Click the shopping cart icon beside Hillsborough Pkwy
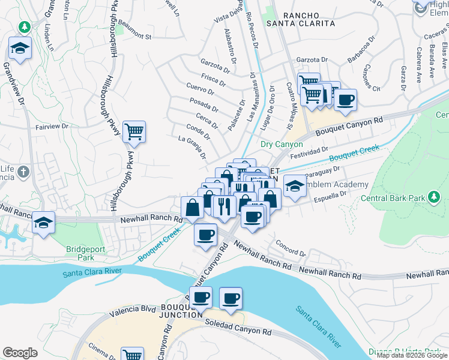pos(134,131)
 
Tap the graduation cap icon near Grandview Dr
pos(20,49)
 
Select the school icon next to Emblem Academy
pos(294,185)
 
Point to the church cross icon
pos(23,173)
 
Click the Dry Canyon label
pos(282,145)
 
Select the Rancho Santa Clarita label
pos(309,19)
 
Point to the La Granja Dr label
pos(192,148)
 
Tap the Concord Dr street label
pos(291,248)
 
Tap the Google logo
pos(20,353)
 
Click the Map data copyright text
pos(412,355)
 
